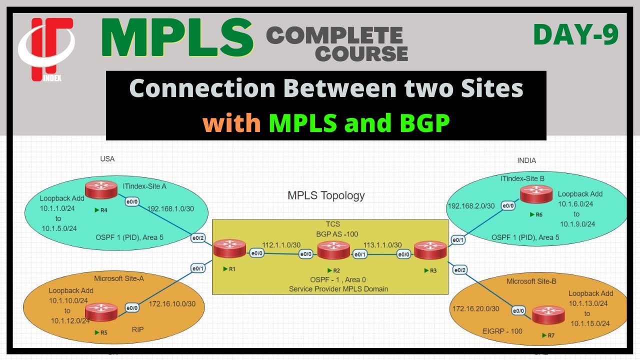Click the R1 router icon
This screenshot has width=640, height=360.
click(x=229, y=248)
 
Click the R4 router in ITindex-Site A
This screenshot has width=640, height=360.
click(x=100, y=189)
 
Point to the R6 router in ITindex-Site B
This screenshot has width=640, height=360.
click(x=536, y=193)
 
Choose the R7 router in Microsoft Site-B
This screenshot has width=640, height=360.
click(x=548, y=314)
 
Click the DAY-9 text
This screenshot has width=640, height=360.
click(x=575, y=35)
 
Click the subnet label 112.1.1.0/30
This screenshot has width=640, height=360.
click(x=281, y=245)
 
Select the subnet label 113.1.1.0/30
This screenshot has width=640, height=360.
click(x=382, y=245)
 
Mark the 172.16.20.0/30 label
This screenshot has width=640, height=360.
click(x=475, y=309)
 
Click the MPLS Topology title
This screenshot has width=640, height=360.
click(x=326, y=195)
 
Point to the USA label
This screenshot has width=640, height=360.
click(x=107, y=159)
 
